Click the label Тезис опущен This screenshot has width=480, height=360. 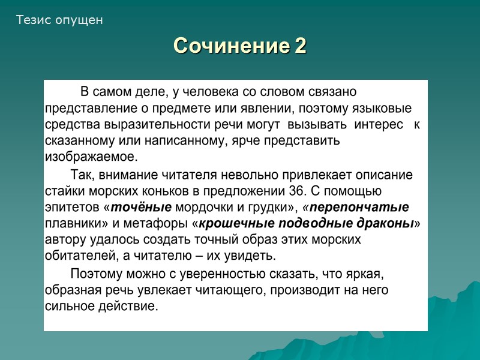[59, 20]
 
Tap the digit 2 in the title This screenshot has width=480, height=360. [300, 46]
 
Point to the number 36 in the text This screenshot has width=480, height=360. [288, 191]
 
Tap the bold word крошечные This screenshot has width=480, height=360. [236, 224]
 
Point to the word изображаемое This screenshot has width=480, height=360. [91, 157]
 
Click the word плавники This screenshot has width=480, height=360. [70, 224]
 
